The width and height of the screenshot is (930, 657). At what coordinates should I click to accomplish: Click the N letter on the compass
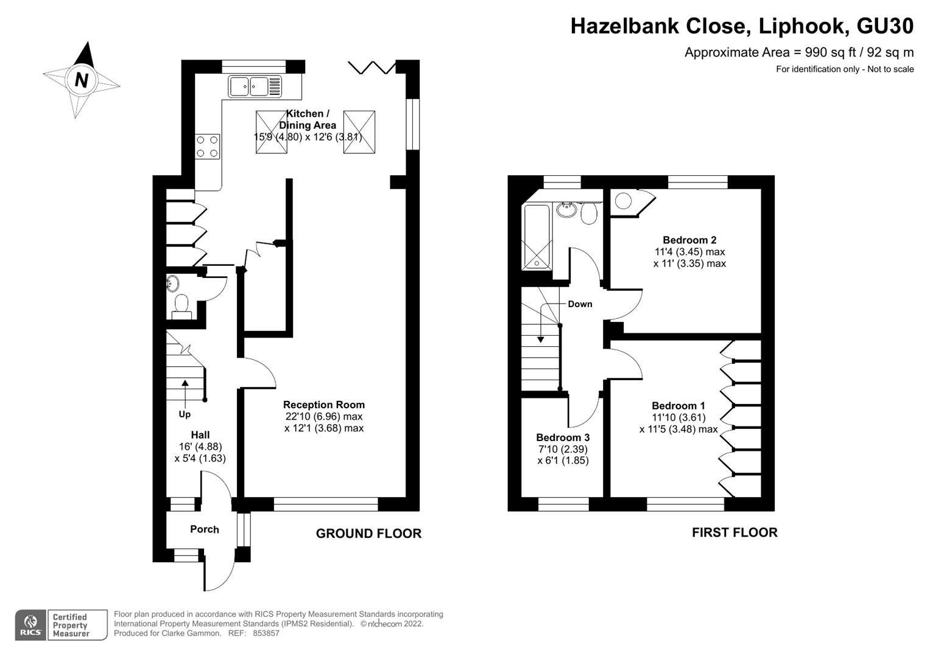(82, 80)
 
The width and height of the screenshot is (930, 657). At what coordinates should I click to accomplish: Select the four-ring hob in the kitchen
(208, 147)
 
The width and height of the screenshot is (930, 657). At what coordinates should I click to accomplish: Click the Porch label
(205, 529)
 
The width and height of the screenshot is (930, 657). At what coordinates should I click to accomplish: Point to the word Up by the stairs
(185, 414)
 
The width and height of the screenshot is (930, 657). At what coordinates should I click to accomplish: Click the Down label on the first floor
(580, 304)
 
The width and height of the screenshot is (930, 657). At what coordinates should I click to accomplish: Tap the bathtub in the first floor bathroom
(537, 237)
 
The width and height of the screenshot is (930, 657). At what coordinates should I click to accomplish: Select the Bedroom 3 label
(563, 437)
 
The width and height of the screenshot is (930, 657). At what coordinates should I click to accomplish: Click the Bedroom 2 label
(689, 240)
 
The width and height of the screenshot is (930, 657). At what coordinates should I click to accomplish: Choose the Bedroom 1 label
(678, 406)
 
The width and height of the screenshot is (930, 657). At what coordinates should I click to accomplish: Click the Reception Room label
(324, 405)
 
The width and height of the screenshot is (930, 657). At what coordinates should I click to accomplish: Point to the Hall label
(200, 435)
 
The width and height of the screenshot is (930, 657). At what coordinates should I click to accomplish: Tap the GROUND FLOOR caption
(368, 534)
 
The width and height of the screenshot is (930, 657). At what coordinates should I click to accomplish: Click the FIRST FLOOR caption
(734, 532)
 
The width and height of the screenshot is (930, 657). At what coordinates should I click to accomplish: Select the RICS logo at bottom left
(30, 625)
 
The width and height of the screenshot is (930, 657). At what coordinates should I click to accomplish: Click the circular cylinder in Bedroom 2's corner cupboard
(623, 201)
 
